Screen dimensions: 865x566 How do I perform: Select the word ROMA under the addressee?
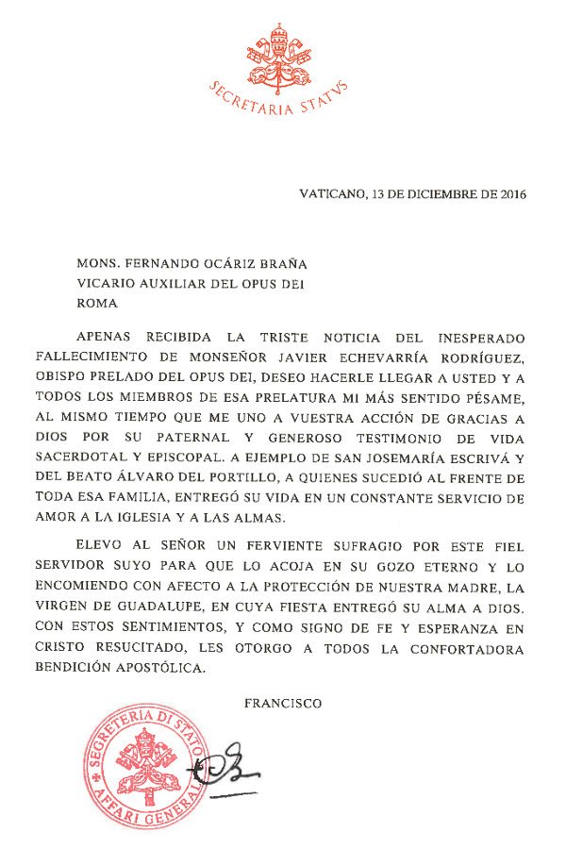tap(99, 304)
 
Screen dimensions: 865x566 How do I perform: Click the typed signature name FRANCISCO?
tap(283, 703)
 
